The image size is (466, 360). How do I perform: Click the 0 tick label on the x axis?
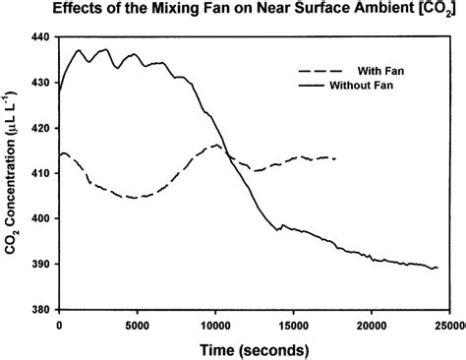point(60,324)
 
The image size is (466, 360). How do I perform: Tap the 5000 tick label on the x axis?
point(138,324)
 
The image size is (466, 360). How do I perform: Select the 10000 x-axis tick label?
point(215,324)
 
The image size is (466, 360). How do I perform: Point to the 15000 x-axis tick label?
point(293,324)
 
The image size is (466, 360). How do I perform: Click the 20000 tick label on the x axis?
point(371,324)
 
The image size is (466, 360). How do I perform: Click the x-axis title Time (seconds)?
point(252,349)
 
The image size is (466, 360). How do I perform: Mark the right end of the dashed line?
point(335,158)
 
